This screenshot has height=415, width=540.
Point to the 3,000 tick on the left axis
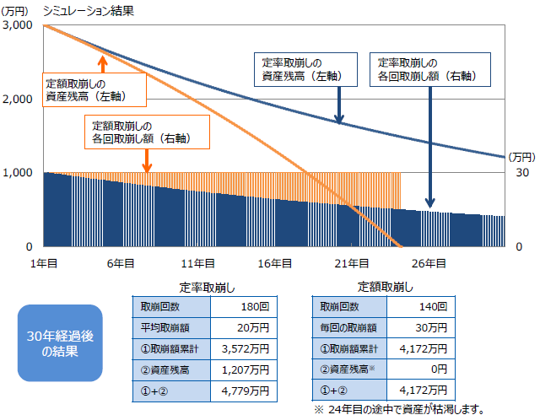(18, 26)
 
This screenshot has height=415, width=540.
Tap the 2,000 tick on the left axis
(18, 100)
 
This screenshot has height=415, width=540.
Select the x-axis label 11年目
(198, 263)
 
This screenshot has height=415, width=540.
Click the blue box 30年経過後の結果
(59, 342)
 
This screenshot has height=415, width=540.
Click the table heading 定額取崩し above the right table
(385, 286)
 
